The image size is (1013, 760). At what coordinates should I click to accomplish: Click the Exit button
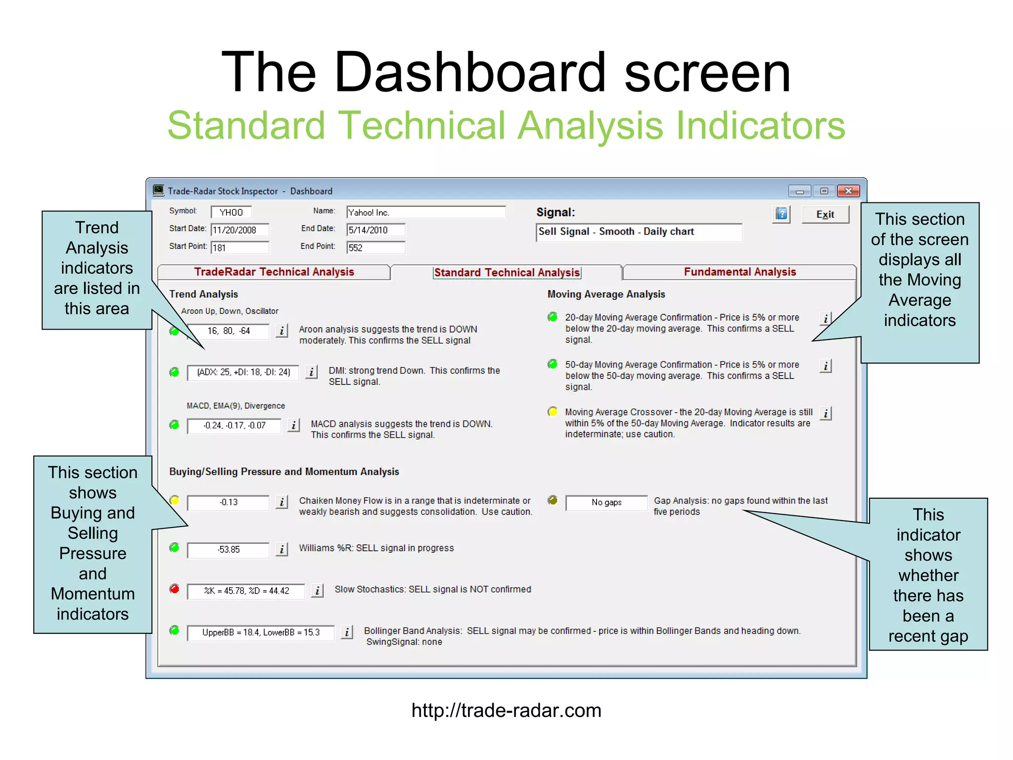(x=825, y=214)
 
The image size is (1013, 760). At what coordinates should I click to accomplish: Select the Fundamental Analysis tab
(x=739, y=272)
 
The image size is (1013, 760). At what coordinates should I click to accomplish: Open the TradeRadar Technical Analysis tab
(x=274, y=272)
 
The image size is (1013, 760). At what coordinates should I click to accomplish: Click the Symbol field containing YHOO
(x=231, y=212)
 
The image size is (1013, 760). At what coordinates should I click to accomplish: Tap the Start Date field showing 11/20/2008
(x=240, y=230)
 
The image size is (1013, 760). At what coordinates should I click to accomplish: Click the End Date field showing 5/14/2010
(x=375, y=230)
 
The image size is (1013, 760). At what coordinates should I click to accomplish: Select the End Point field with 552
(x=375, y=248)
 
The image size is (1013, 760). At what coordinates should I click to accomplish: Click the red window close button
(x=848, y=191)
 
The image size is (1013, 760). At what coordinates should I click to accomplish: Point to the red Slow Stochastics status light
(x=174, y=589)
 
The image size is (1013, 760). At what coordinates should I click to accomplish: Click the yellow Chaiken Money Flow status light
(x=174, y=500)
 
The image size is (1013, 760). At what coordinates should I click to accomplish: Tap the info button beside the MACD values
(x=293, y=425)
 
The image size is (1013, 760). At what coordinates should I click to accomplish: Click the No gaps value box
(x=606, y=503)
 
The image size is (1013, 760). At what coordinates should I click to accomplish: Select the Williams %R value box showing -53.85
(x=228, y=550)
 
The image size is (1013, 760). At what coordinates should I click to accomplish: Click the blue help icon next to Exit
(x=781, y=214)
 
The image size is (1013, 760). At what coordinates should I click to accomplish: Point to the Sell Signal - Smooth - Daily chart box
(x=639, y=232)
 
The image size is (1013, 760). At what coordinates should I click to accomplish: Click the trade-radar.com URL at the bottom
(x=506, y=711)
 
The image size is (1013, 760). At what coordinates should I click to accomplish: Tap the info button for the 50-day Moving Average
(x=825, y=366)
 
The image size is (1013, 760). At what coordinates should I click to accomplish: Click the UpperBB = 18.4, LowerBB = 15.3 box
(x=261, y=632)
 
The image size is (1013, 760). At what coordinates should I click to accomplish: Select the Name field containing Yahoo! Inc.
(x=425, y=212)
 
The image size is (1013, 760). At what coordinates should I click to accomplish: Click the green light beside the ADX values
(x=174, y=372)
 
